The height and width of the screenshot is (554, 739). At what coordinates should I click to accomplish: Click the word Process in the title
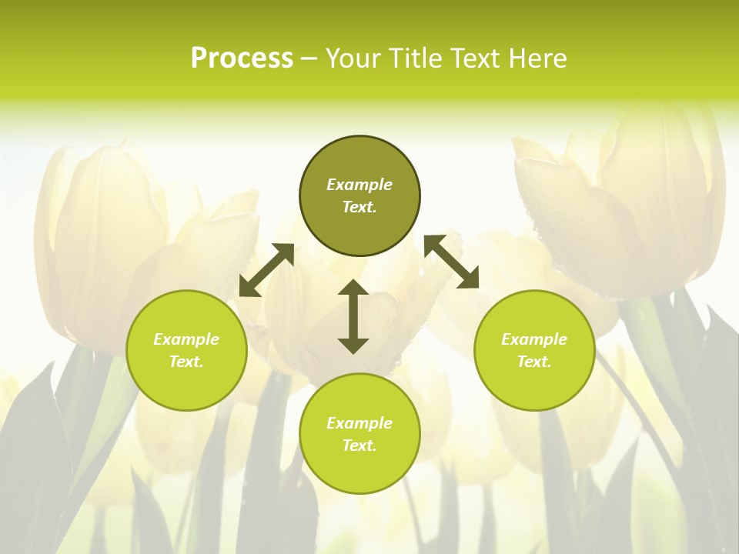242,58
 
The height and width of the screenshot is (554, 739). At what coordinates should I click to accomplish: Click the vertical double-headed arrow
353,316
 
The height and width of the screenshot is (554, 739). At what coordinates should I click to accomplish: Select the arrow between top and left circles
266,270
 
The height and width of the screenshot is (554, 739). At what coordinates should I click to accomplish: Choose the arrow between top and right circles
451,262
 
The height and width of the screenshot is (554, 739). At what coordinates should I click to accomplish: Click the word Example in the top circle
359,185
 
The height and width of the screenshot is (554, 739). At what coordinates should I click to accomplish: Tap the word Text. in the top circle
359,207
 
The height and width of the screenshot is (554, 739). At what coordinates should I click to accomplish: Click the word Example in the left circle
186,339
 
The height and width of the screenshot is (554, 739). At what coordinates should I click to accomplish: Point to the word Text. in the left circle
186,362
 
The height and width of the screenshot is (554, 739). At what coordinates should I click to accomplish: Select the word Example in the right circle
534,339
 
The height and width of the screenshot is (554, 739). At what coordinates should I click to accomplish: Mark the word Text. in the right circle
534,362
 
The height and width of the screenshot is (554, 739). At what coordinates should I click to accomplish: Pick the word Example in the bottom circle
359,423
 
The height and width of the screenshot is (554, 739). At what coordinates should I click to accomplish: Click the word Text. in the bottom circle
359,446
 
